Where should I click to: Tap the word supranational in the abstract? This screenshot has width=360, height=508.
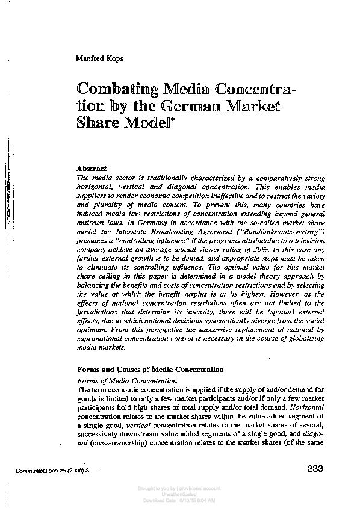coord(105,339)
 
